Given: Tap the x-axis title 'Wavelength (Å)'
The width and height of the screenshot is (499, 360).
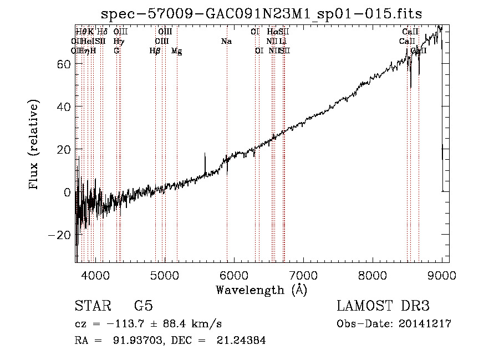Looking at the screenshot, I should click(x=261, y=290).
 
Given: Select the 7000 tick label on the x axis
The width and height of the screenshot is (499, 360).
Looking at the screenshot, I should click(x=303, y=275).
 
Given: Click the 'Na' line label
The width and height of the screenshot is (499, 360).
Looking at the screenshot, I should click(x=226, y=41).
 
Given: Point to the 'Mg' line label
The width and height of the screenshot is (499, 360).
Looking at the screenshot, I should click(x=177, y=51).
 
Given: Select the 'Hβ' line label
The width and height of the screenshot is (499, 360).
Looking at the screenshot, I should click(x=155, y=50).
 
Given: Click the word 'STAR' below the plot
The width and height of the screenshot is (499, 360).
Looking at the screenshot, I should click(x=92, y=306).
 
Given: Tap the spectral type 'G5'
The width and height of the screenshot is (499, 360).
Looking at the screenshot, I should click(x=144, y=306).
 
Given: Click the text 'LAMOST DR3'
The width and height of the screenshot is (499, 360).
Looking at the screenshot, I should click(x=383, y=306).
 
